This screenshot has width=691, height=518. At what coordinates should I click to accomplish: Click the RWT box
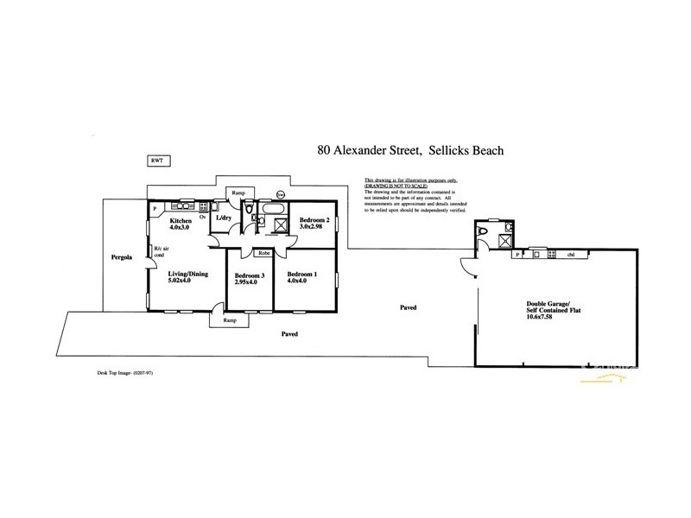pyautogui.click(x=156, y=161)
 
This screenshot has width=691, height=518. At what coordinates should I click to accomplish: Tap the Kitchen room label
pyautogui.click(x=182, y=222)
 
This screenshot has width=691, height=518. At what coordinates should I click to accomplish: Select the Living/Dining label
pyautogui.click(x=188, y=274)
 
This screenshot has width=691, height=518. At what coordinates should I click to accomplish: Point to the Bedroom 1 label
pyautogui.click(x=302, y=275)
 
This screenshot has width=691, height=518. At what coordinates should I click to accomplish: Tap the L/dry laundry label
pyautogui.click(x=223, y=218)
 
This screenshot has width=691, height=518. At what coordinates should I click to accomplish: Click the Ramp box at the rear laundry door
pyautogui.click(x=238, y=192)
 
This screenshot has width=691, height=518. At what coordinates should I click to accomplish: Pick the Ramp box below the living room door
pyautogui.click(x=229, y=319)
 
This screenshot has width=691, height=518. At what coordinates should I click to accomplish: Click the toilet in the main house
pyautogui.click(x=247, y=210)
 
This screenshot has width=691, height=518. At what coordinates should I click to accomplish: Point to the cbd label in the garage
pyautogui.click(x=570, y=255)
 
